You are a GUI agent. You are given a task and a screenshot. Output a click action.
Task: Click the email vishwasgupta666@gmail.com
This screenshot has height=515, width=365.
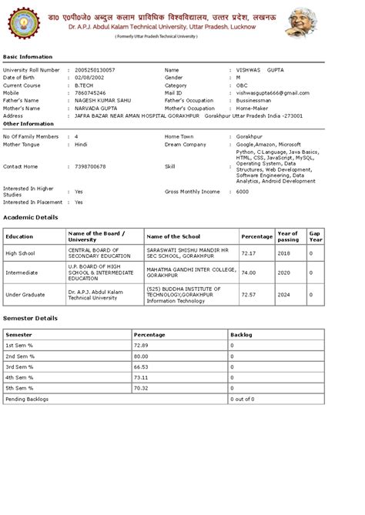pos(274,93)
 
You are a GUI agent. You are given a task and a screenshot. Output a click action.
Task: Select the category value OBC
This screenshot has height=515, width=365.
pos(242,85)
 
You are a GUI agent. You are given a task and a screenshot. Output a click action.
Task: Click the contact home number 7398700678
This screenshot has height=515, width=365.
pos(90,166)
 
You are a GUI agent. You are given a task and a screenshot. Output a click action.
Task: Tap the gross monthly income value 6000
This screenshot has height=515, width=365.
pos(242,191)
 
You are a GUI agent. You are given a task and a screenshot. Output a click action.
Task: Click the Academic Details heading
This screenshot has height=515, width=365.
pos(30,218)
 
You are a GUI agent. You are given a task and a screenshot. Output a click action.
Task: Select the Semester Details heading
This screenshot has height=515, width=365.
pos(30,317)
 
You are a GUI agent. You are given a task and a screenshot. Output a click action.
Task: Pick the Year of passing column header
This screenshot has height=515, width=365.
pos(287,236)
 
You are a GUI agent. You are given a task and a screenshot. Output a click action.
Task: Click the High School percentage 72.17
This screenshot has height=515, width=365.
pos(249,252)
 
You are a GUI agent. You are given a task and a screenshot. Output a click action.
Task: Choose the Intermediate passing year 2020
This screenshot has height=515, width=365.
pos(283,273)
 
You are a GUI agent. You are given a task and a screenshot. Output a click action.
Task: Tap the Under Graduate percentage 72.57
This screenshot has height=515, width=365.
pos(249,294)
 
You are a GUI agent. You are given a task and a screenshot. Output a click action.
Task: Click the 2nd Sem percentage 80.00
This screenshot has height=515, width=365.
pos(141,356)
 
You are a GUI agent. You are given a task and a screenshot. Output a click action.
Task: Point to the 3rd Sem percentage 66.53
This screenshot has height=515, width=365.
pos(141,367)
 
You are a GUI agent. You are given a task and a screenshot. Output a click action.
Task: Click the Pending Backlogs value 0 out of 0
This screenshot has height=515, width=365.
pos(243,400)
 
